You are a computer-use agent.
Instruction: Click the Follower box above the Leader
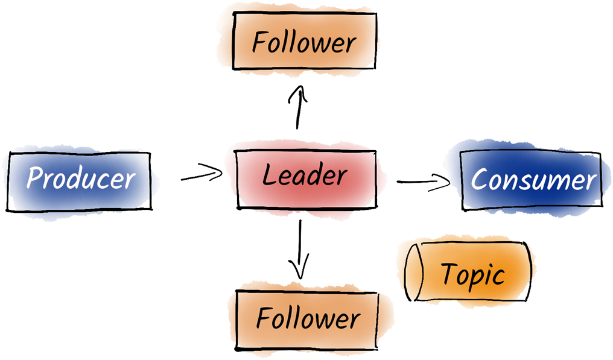pyautogui.click(x=305, y=41)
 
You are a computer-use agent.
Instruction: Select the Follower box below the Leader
pyautogui.click(x=308, y=318)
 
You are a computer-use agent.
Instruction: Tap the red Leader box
pyautogui.click(x=305, y=175)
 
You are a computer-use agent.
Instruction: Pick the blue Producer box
pyautogui.click(x=80, y=178)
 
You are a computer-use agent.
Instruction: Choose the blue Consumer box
pyautogui.click(x=532, y=179)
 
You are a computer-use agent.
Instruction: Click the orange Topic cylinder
pyautogui.click(x=471, y=274)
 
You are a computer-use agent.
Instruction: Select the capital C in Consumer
pyautogui.click(x=479, y=179)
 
